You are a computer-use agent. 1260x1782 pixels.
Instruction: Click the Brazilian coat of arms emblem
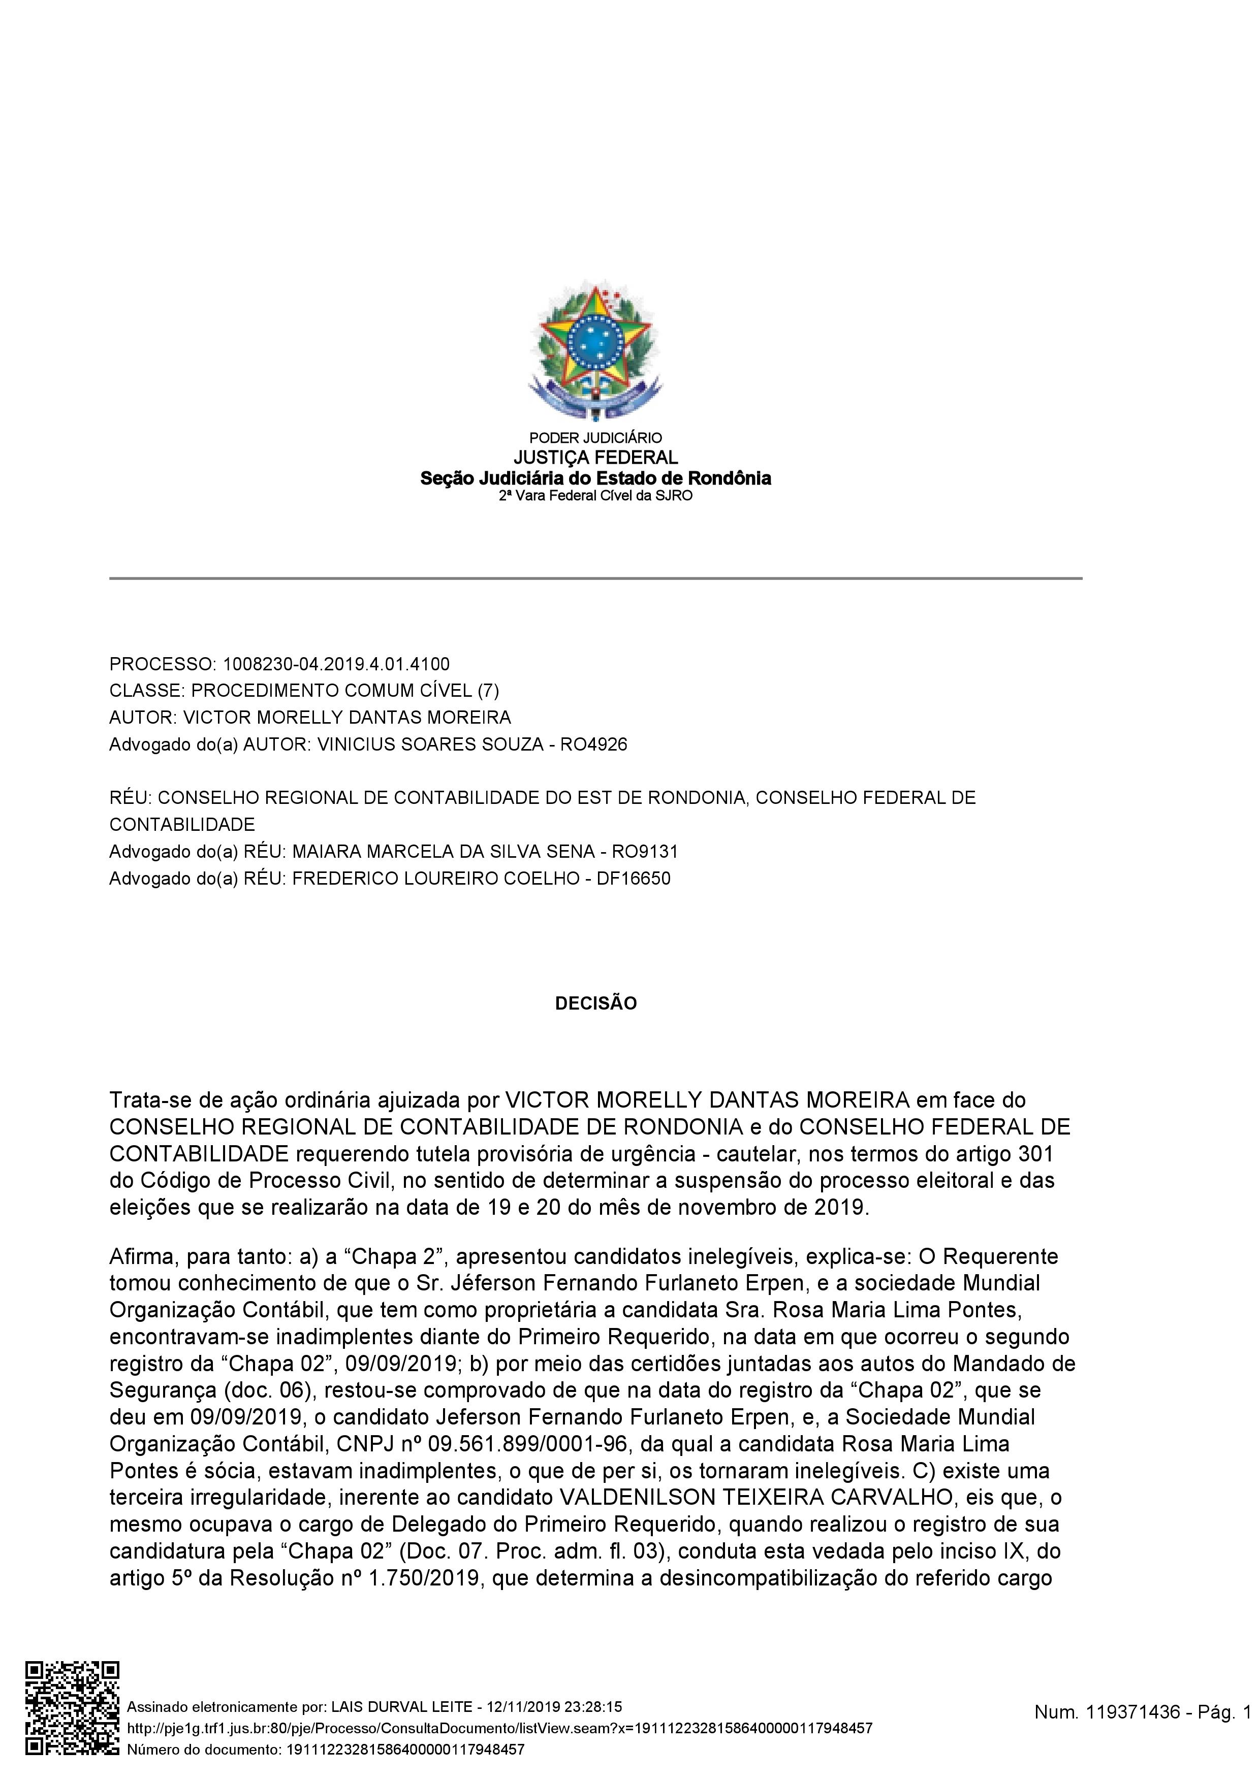(594, 349)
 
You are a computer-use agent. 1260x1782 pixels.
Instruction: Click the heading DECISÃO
(595, 1003)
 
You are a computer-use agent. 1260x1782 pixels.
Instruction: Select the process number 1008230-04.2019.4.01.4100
(336, 664)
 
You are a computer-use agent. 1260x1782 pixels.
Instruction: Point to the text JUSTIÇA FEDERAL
(595, 458)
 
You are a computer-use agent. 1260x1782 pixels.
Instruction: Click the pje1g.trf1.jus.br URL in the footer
(499, 1729)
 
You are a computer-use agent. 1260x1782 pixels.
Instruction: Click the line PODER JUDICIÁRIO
(595, 438)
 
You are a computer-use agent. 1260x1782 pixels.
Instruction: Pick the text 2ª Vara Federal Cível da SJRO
(595, 495)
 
